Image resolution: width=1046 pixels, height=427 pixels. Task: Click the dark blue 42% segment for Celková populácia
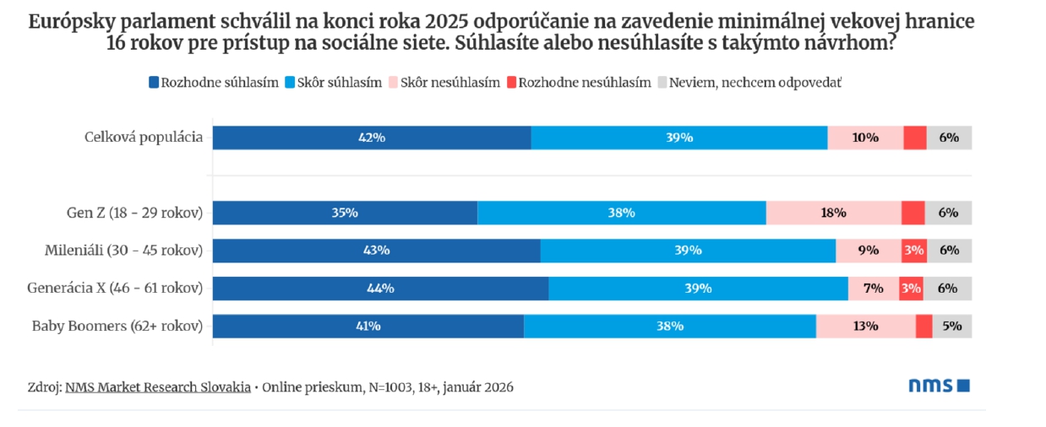pyautogui.click(x=372, y=138)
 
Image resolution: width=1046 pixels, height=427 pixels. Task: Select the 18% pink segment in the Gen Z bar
pyautogui.click(x=833, y=213)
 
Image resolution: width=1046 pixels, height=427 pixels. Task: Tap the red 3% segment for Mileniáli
pyautogui.click(x=913, y=250)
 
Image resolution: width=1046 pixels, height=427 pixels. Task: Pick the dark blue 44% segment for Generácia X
pyautogui.click(x=380, y=288)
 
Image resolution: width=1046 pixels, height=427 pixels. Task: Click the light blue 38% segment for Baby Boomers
pyautogui.click(x=670, y=326)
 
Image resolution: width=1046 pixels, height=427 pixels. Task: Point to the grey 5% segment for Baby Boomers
pyautogui.click(x=951, y=326)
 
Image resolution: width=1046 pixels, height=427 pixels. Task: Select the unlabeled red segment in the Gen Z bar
pyautogui.click(x=913, y=213)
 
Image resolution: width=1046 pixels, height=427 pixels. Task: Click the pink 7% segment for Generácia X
pyautogui.click(x=874, y=288)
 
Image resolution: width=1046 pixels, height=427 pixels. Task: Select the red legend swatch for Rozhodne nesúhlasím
pyautogui.click(x=511, y=82)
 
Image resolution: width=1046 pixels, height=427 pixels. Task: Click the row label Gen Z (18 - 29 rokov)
pyautogui.click(x=134, y=213)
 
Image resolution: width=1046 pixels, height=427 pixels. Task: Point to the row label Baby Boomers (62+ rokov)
pyautogui.click(x=117, y=326)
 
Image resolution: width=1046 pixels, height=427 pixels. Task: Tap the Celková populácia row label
pyautogui.click(x=144, y=138)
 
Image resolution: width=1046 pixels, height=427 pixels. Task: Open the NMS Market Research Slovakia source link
pyautogui.click(x=157, y=386)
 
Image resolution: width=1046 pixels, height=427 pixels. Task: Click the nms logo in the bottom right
pyautogui.click(x=939, y=386)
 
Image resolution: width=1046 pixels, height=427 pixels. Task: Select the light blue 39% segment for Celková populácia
pyautogui.click(x=679, y=138)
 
